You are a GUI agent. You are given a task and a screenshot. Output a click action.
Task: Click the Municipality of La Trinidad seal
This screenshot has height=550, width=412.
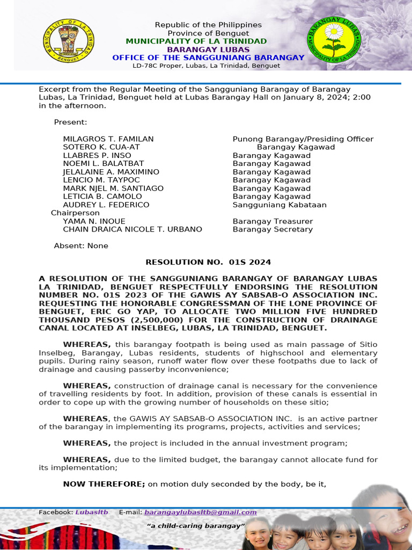(68, 38)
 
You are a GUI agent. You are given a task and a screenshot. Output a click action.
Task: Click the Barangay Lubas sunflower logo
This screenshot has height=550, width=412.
(334, 40)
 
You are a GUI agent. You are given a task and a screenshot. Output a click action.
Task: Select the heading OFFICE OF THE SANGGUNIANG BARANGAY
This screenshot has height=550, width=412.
(208, 57)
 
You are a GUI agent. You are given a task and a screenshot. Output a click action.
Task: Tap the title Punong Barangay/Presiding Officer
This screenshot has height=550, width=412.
(303, 139)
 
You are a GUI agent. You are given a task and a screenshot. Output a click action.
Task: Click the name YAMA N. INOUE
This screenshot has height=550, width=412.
(94, 221)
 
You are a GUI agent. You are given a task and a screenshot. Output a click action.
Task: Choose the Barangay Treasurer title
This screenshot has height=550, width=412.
(273, 221)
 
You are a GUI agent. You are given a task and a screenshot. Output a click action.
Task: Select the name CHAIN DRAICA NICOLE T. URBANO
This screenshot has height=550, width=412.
(133, 229)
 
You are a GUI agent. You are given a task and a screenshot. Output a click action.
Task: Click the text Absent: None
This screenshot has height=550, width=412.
(81, 246)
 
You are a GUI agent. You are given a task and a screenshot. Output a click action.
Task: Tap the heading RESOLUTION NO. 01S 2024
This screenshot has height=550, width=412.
(208, 262)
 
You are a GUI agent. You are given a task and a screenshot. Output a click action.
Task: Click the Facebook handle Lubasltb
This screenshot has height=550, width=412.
(91, 512)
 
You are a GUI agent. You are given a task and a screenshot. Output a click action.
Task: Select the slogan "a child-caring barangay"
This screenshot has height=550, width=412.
(196, 525)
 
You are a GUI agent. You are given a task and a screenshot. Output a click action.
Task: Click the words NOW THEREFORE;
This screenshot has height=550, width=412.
(104, 484)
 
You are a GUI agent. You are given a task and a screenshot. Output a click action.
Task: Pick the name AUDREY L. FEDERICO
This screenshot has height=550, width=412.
(106, 205)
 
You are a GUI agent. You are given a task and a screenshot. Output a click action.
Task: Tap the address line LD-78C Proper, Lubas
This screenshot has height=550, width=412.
(207, 66)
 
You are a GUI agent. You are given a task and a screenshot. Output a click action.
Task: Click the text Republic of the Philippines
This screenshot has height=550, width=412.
(208, 25)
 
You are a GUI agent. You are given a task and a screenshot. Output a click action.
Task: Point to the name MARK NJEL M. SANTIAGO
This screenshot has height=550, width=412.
(113, 189)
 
